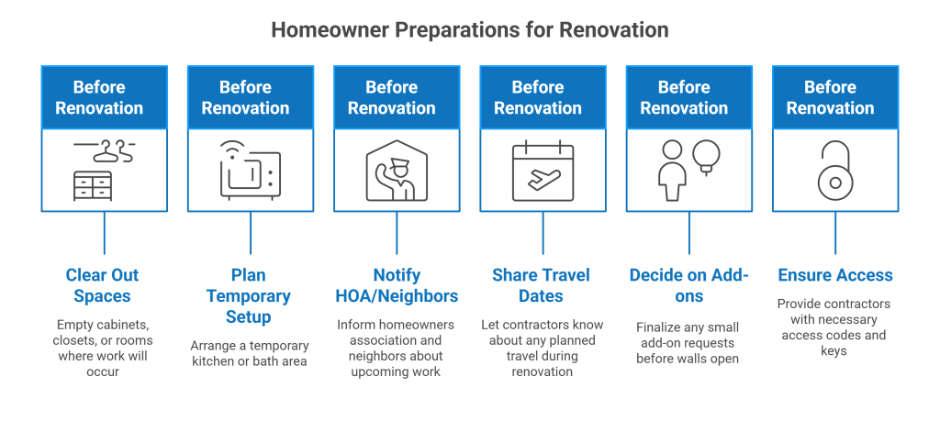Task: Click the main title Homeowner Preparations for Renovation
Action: tap(469, 29)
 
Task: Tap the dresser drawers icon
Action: tap(92, 186)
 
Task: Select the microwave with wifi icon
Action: tap(250, 171)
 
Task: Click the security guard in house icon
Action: tap(396, 172)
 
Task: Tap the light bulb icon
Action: tap(707, 156)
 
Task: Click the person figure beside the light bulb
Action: tap(672, 171)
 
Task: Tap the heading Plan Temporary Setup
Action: tap(248, 296)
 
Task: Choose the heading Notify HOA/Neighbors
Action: tap(396, 285)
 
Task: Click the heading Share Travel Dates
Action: tap(541, 285)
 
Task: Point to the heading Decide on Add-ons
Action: tap(688, 285)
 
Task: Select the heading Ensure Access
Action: tap(834, 275)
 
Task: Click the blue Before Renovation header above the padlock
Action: tap(834, 97)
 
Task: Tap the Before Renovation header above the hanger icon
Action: tap(104, 97)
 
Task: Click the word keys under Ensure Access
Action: tap(834, 351)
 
